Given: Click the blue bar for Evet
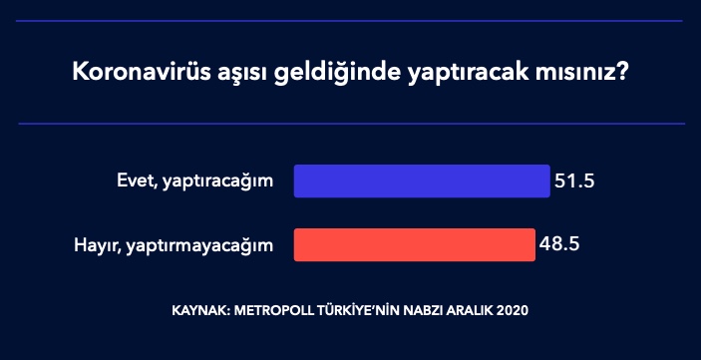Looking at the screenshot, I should [x=421, y=181].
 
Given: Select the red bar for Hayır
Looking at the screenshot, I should [x=414, y=244].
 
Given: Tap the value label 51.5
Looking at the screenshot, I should [x=574, y=182].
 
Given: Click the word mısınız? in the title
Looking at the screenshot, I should [x=588, y=75].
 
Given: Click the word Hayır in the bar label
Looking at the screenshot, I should [x=96, y=245].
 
